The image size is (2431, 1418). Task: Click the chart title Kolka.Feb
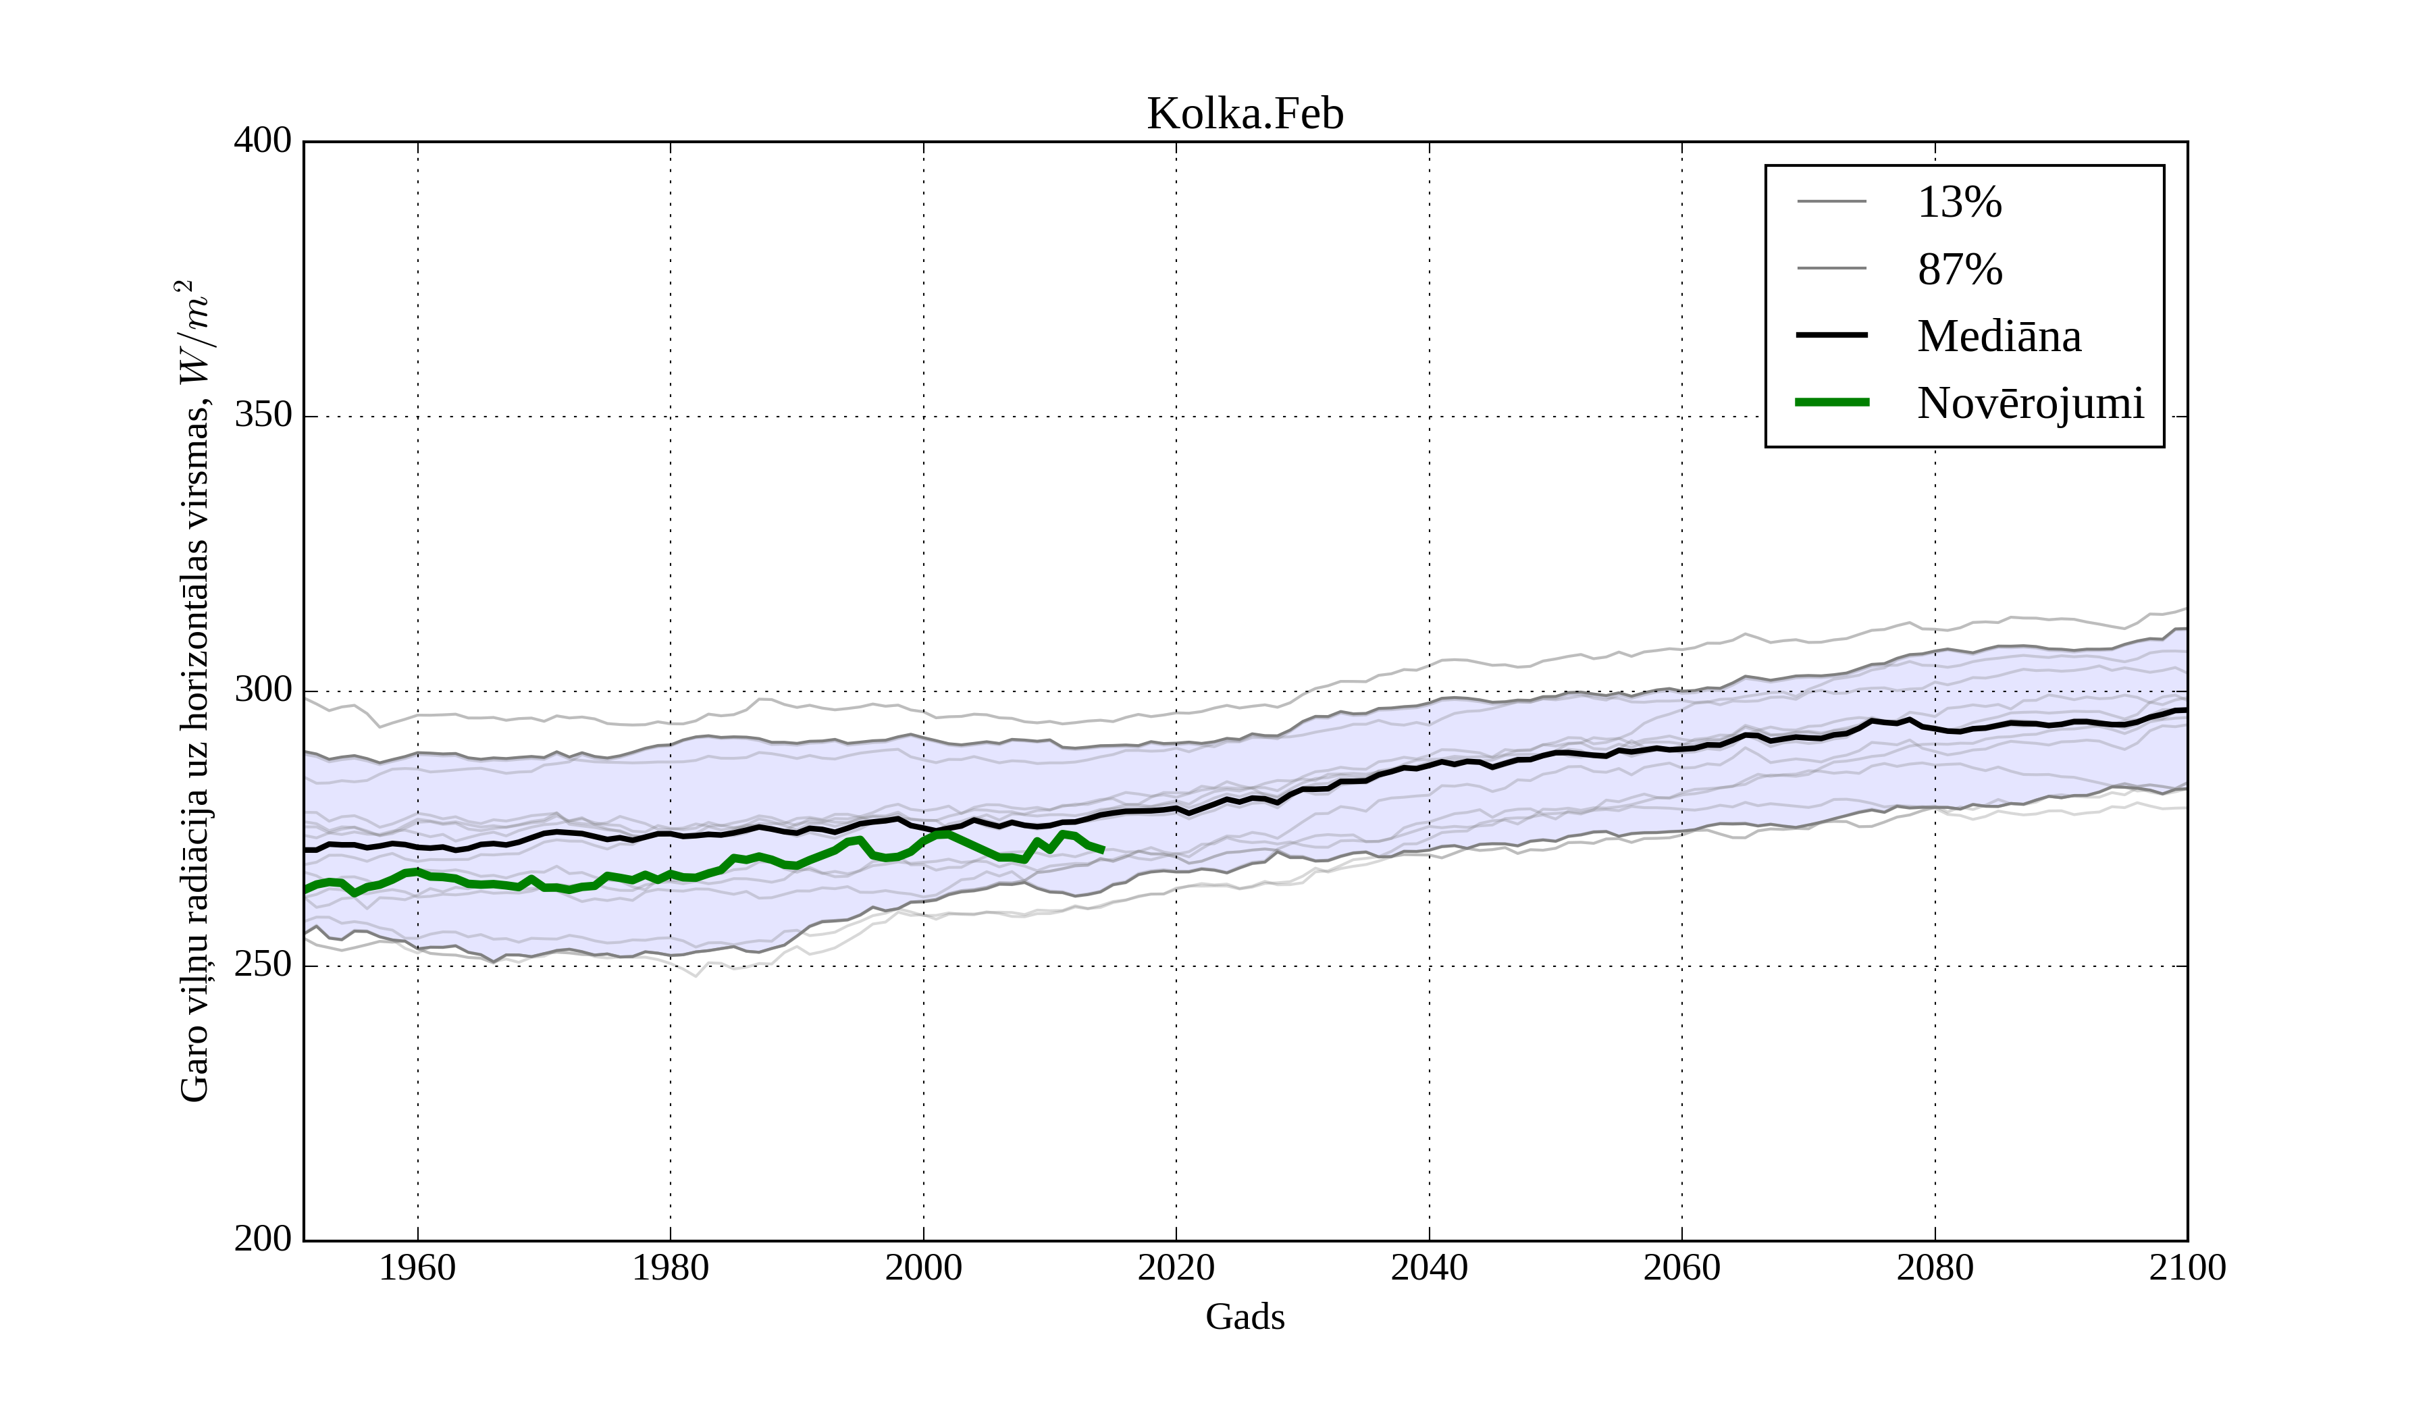click(1245, 114)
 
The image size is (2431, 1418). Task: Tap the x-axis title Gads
click(1245, 1317)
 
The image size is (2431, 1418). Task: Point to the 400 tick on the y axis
click(263, 141)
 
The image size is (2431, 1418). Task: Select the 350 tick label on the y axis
click(263, 416)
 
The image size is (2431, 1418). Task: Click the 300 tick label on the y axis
click(263, 691)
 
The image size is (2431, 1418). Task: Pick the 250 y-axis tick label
click(263, 965)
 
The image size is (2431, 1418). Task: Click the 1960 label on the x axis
click(417, 1267)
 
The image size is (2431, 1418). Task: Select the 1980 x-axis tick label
click(671, 1267)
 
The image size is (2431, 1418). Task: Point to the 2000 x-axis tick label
click(923, 1267)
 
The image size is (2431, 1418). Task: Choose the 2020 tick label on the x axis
click(1176, 1267)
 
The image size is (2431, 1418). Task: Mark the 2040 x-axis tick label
click(1429, 1267)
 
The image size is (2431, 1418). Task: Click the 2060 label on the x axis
click(1681, 1267)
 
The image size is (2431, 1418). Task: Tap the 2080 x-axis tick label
click(1934, 1267)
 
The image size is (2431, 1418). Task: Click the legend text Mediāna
click(1999, 337)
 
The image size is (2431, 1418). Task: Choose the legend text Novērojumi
click(2030, 403)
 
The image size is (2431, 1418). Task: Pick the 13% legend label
click(1959, 203)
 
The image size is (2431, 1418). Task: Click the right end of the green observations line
click(1103, 851)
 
